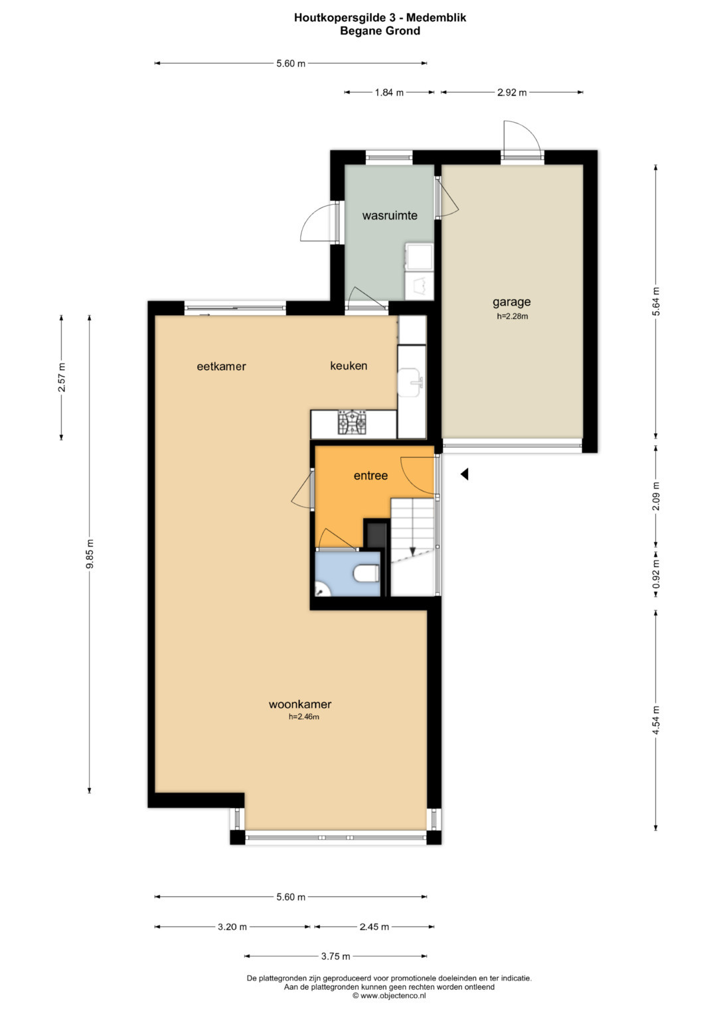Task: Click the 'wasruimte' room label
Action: click(389, 215)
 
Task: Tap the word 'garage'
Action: click(511, 302)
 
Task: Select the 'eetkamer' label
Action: click(221, 366)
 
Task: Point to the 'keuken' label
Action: click(349, 366)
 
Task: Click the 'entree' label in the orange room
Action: click(370, 475)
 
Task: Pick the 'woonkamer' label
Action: click(300, 704)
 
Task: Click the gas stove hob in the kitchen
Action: click(352, 423)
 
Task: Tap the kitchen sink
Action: click(411, 383)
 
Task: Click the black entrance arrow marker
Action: click(465, 474)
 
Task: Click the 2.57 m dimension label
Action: click(62, 377)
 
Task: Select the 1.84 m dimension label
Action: click(389, 93)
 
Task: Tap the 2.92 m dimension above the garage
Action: click(512, 93)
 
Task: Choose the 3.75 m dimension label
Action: click(335, 956)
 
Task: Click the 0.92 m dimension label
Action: click(656, 574)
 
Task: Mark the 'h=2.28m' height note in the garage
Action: click(513, 316)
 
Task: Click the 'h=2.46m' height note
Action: click(304, 716)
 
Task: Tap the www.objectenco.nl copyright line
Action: click(389, 995)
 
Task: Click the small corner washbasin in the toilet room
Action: click(321, 589)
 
